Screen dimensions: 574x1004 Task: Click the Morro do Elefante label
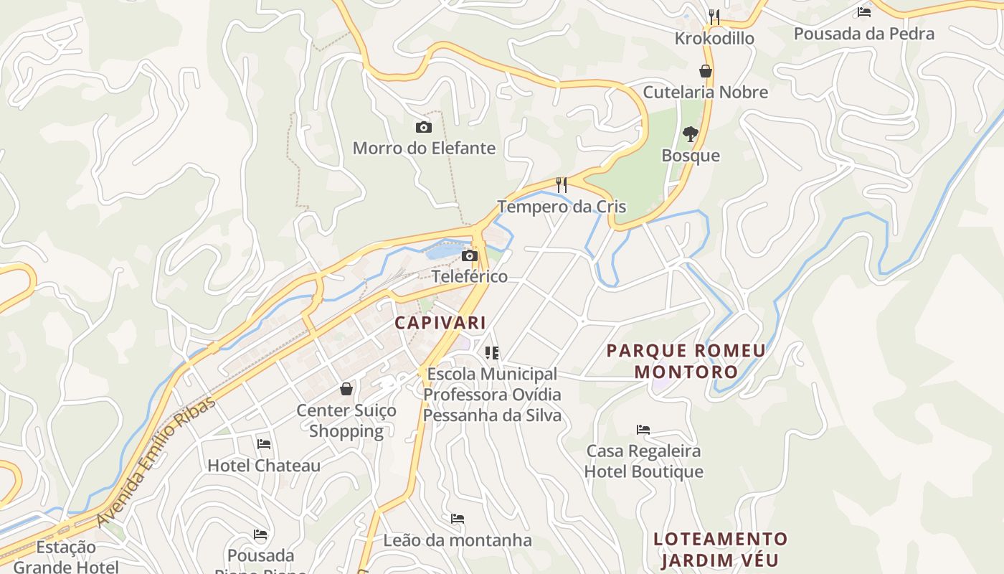pyautogui.click(x=424, y=149)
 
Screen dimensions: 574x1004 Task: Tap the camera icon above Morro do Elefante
pyautogui.click(x=424, y=128)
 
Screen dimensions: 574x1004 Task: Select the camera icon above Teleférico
pyautogui.click(x=470, y=256)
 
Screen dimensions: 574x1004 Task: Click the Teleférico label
pyautogui.click(x=470, y=276)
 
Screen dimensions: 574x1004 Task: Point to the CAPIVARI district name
pyautogui.click(x=440, y=323)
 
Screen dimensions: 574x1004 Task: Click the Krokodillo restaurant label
pyautogui.click(x=714, y=38)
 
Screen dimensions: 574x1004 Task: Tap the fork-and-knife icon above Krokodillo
pyautogui.click(x=714, y=17)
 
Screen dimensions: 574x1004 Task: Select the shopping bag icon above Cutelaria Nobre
pyautogui.click(x=706, y=71)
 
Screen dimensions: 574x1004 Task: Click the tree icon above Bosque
pyautogui.click(x=691, y=134)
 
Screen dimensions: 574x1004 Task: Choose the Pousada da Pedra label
pyautogui.click(x=863, y=34)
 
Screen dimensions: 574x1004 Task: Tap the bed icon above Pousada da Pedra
pyautogui.click(x=864, y=12)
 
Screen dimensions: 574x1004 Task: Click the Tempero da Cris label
pyautogui.click(x=562, y=207)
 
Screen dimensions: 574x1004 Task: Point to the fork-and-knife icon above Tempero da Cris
pyautogui.click(x=562, y=185)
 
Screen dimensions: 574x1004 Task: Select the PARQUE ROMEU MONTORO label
pyautogui.click(x=686, y=361)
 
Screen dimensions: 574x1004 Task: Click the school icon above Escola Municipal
pyautogui.click(x=492, y=352)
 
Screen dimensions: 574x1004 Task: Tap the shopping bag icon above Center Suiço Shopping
pyautogui.click(x=346, y=389)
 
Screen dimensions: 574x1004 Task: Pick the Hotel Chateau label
pyautogui.click(x=264, y=466)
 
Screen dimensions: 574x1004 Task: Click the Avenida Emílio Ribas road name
pyautogui.click(x=156, y=459)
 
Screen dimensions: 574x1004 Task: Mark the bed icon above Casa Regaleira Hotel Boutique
pyautogui.click(x=643, y=430)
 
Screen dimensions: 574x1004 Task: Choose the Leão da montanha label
pyautogui.click(x=458, y=540)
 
